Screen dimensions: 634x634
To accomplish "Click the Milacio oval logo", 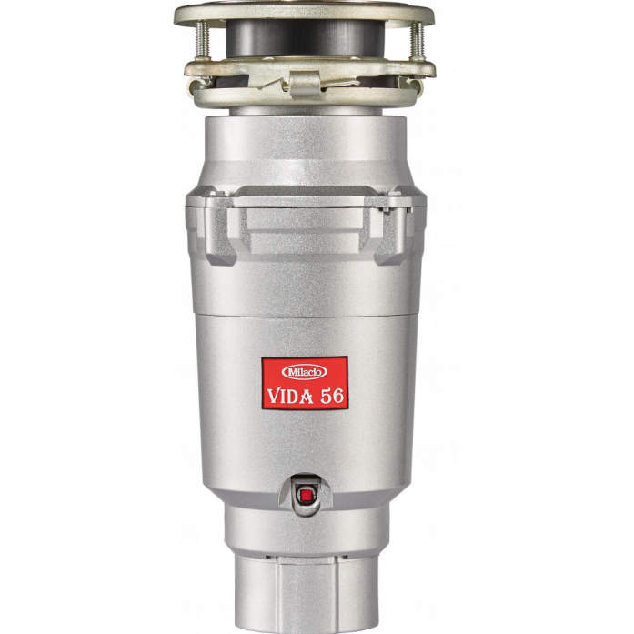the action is (x=304, y=372).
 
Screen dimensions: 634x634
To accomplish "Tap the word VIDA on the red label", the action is (x=290, y=397).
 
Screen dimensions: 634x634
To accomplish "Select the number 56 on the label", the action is (x=332, y=397).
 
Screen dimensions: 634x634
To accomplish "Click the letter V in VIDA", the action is (x=273, y=397).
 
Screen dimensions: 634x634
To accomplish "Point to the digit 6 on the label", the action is (x=338, y=397).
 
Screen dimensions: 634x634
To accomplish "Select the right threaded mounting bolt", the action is (x=418, y=41).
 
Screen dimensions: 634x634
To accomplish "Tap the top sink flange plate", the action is (x=304, y=13).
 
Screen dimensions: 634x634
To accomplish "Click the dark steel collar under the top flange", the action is (x=304, y=38).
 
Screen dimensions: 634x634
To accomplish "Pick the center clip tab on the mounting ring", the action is (x=305, y=83).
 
